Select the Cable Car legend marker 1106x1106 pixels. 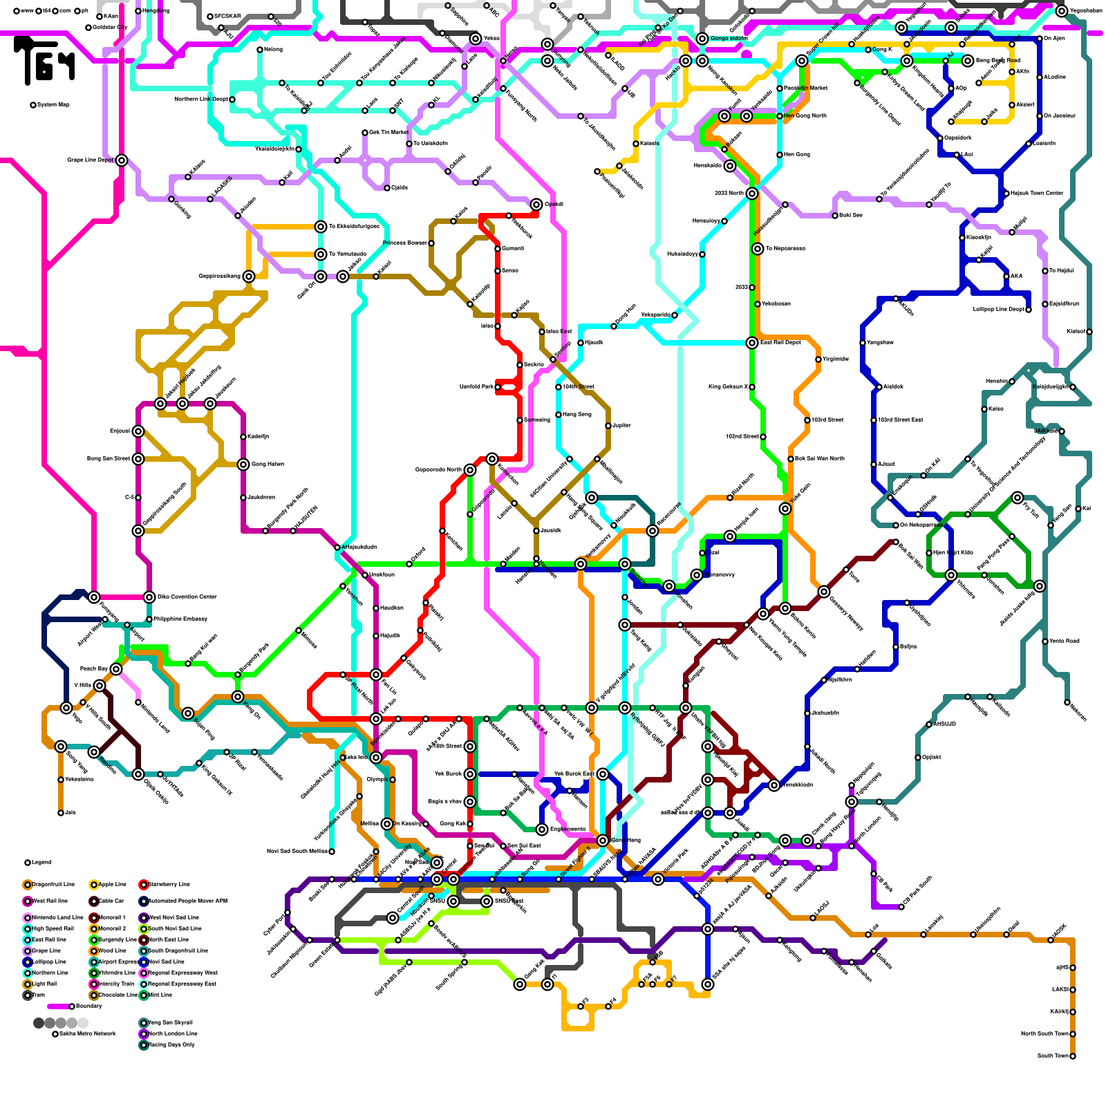tap(94, 901)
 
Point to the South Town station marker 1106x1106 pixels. tap(1073, 1056)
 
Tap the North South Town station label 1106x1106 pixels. tap(1044, 1033)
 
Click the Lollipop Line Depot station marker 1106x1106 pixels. tap(1029, 309)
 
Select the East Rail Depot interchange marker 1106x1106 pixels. tap(752, 342)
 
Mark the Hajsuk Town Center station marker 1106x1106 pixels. tap(1006, 193)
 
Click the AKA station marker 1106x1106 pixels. tap(1006, 276)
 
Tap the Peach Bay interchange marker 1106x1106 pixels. tap(116, 668)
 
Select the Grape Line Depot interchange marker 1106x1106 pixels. tap(122, 160)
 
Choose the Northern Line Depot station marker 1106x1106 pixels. tap(232, 99)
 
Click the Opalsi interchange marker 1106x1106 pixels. tap(536, 204)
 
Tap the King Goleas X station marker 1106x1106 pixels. tap(752, 386)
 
